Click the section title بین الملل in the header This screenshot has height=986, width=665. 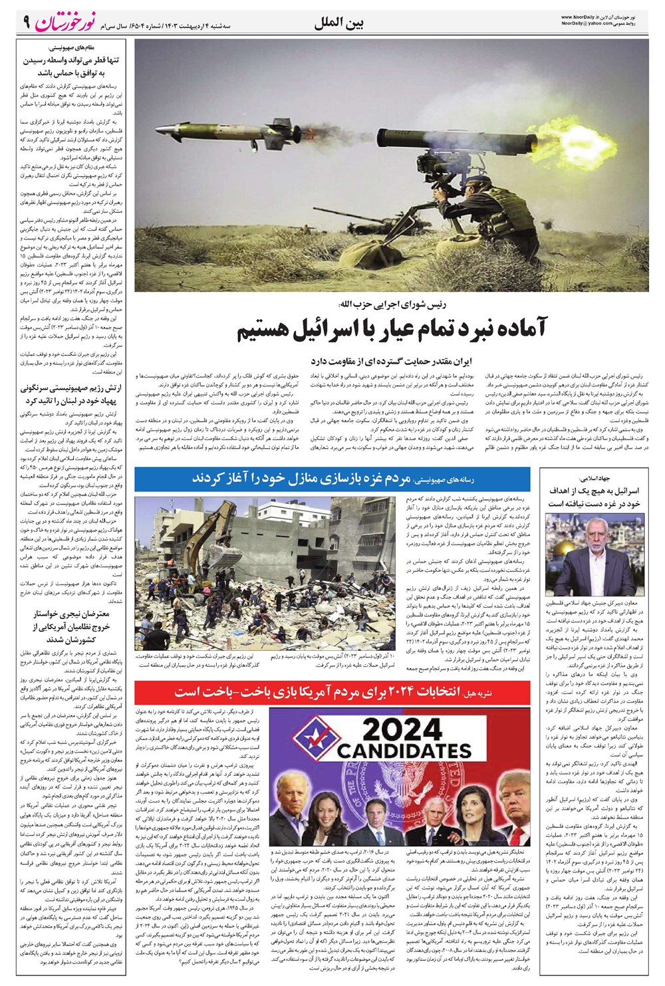tap(340, 24)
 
